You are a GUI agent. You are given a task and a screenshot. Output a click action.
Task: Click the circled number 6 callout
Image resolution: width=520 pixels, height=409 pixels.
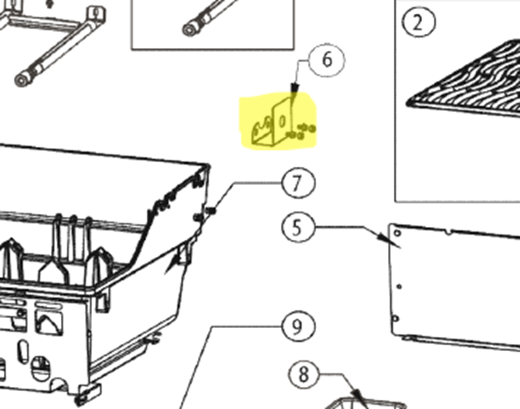click(x=327, y=60)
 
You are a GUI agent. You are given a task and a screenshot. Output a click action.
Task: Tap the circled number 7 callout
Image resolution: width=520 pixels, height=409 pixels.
click(x=298, y=183)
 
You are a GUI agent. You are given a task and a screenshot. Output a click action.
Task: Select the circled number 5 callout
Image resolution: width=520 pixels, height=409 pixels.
click(x=298, y=228)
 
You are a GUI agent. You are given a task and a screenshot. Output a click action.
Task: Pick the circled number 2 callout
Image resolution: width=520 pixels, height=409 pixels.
click(x=418, y=22)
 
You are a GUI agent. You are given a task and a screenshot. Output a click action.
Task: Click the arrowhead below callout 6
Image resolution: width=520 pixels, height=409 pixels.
click(x=295, y=88)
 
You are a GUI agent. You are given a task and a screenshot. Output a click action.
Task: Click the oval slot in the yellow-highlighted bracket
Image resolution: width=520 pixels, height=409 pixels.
click(x=282, y=121)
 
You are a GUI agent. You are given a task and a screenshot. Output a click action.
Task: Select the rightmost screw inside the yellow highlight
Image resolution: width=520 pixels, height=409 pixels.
click(x=312, y=129)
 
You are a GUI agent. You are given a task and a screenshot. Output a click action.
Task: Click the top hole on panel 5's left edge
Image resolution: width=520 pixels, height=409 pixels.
click(x=397, y=233)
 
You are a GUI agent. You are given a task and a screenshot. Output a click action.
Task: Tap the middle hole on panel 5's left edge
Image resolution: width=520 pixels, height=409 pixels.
click(x=399, y=287)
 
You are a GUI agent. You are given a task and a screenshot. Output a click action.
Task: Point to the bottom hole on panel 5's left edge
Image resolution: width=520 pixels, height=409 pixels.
click(x=395, y=319)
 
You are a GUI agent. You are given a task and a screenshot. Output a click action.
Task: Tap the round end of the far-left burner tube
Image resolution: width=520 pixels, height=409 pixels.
click(x=22, y=80)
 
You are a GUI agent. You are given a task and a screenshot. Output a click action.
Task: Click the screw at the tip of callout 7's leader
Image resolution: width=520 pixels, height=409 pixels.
click(x=211, y=211)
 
